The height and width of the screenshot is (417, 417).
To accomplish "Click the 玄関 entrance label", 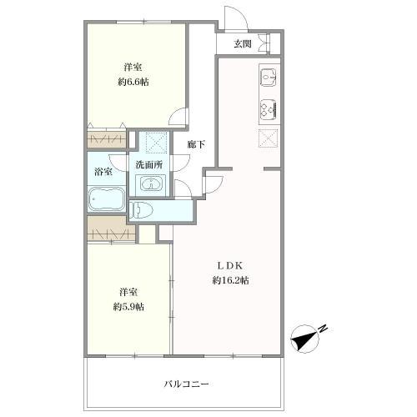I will (x=242, y=43).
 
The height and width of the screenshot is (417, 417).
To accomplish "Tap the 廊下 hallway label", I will (x=197, y=143).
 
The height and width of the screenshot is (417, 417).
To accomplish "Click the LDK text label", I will (x=231, y=265).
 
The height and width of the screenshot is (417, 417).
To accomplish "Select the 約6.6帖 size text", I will (x=133, y=83).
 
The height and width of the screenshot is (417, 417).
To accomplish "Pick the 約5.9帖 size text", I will (x=128, y=307).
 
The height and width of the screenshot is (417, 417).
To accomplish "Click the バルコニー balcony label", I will (x=185, y=384).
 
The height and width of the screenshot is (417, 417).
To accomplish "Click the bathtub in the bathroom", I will (x=106, y=201).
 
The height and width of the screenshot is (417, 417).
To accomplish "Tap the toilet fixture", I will (x=144, y=208).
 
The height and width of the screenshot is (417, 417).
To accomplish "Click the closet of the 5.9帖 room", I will (x=107, y=225).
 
